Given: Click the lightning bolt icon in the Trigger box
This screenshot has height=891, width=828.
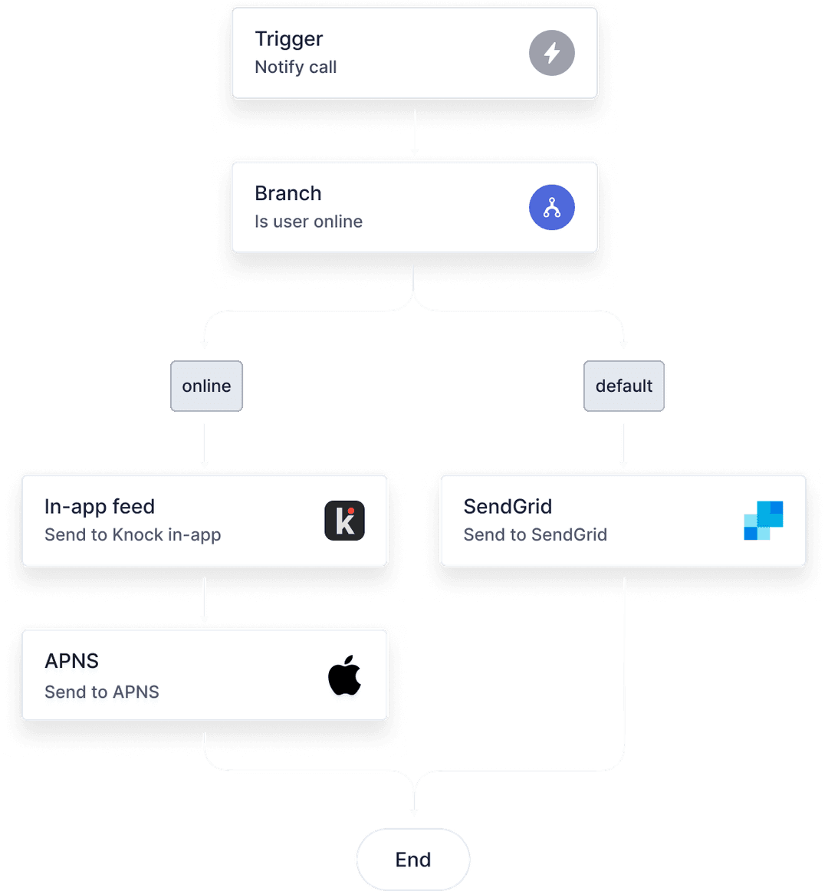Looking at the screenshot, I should click(552, 53).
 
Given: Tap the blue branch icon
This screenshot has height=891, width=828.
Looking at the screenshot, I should click(552, 208).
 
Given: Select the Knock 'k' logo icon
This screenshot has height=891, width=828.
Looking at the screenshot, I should click(344, 521).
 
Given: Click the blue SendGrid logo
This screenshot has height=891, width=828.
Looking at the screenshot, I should click(764, 521).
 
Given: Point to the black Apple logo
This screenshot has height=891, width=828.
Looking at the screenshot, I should click(345, 676).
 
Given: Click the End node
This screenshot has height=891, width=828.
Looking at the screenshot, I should click(413, 860).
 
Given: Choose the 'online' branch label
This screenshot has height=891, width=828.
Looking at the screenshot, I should click(206, 386).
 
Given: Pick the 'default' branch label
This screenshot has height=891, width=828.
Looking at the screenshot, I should click(624, 386).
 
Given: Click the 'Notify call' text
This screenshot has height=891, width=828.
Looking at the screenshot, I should click(296, 67).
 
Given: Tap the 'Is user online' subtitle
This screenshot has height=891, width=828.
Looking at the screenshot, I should click(308, 222).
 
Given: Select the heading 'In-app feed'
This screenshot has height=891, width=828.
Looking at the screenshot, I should click(100, 507).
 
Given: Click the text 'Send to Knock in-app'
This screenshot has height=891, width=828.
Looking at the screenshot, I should click(133, 535).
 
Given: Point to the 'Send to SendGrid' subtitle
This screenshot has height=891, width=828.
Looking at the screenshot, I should click(535, 535).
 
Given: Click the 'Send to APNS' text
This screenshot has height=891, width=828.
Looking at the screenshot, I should click(102, 692).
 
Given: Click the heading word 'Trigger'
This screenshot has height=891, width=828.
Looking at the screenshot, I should click(289, 39).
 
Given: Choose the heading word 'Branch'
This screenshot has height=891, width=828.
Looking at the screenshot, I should click(288, 193).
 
